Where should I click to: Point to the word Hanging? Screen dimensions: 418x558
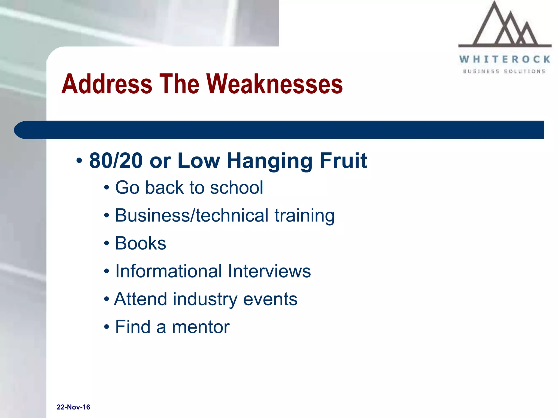(269, 161)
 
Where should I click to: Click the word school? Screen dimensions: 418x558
(236, 188)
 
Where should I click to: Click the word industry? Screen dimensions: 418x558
(205, 299)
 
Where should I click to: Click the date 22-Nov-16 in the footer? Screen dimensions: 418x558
(73, 407)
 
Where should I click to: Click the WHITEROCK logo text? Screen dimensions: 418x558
(505, 59)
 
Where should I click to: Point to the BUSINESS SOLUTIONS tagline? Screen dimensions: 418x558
(504, 72)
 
